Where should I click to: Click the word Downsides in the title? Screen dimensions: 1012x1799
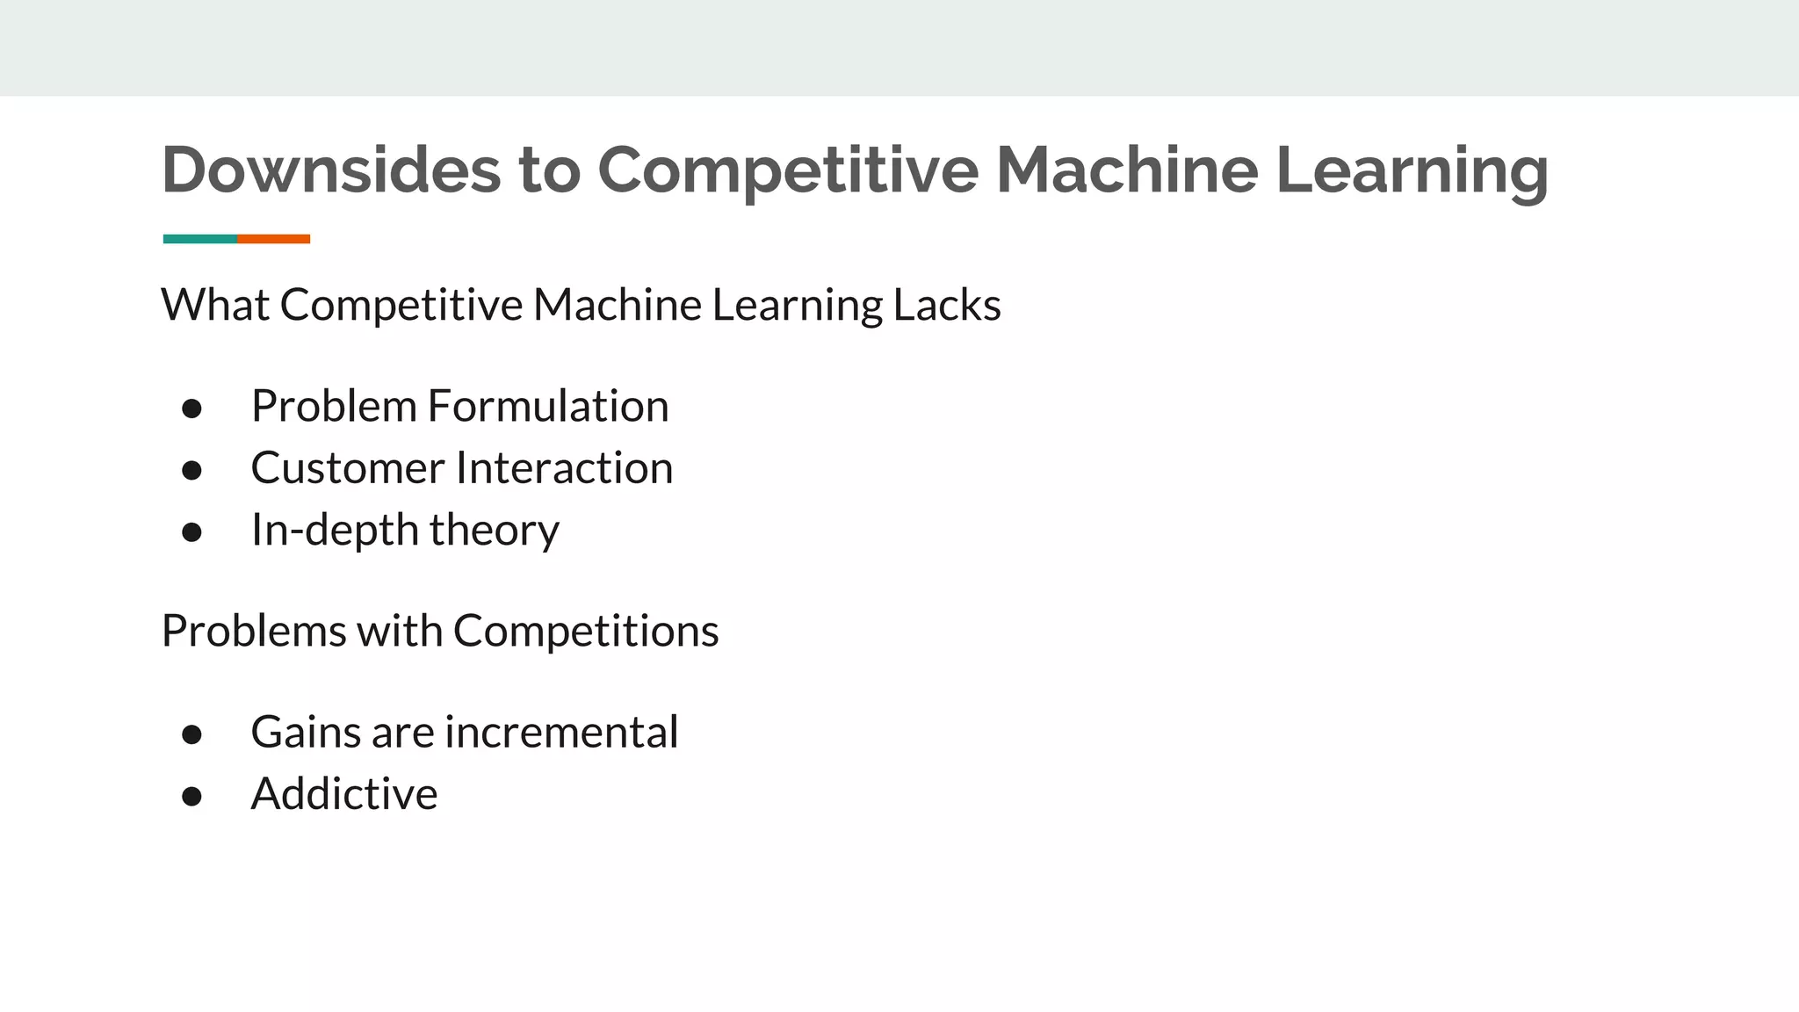[330, 170]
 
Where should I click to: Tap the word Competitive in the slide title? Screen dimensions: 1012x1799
[788, 170]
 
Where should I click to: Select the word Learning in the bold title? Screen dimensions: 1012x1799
[1412, 170]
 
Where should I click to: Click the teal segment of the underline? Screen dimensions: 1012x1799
[200, 239]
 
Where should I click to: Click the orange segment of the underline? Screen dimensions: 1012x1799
[274, 239]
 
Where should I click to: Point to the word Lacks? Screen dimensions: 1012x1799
[947, 306]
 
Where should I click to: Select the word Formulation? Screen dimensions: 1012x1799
[548, 406]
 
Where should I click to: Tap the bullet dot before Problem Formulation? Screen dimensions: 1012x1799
[192, 408]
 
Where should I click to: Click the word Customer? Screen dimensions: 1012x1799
[346, 468]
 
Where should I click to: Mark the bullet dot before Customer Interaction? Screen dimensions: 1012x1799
[192, 471]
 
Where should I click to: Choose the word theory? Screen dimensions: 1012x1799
[494, 531]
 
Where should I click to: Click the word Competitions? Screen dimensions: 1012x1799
[586, 632]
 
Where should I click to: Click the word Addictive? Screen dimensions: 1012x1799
[344, 794]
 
